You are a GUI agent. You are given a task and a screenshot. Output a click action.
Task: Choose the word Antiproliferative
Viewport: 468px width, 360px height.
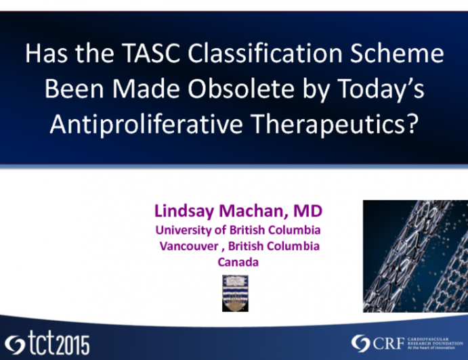pos(152,127)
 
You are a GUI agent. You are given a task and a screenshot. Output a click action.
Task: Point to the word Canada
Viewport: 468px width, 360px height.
pos(238,262)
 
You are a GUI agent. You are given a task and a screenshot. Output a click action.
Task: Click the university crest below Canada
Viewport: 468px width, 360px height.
pos(236,292)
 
